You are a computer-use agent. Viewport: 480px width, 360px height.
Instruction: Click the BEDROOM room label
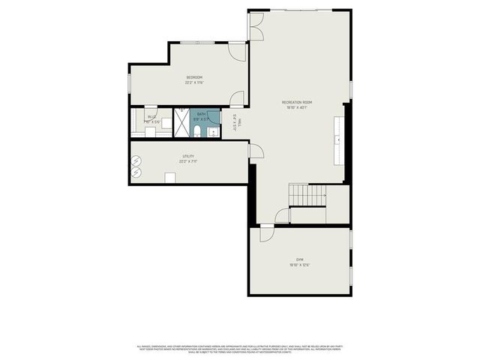pos(194,77)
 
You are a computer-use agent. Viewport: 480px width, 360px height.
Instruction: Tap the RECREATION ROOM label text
pos(296,102)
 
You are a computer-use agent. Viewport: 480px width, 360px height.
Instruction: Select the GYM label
pos(299,259)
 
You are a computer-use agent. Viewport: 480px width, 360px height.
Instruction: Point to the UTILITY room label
pos(188,156)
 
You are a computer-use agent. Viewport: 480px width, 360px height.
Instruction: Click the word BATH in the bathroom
pos(201,114)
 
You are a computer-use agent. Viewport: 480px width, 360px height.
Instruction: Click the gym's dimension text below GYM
pos(299,265)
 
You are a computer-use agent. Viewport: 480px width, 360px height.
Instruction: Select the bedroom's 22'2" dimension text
pos(194,82)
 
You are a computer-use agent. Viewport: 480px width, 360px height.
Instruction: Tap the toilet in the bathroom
pos(196,132)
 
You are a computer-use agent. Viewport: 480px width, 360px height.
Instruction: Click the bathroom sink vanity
pos(213,133)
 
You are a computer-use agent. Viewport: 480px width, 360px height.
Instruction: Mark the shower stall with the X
pos(182,123)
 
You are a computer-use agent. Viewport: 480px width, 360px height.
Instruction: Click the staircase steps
pos(307,194)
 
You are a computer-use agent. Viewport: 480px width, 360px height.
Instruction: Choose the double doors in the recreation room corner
pos(256,26)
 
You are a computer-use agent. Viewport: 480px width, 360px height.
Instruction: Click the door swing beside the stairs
pos(282,217)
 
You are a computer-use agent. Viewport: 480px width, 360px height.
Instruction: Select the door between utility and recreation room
pos(256,151)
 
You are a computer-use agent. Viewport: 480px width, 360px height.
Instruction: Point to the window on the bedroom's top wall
pos(201,43)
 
